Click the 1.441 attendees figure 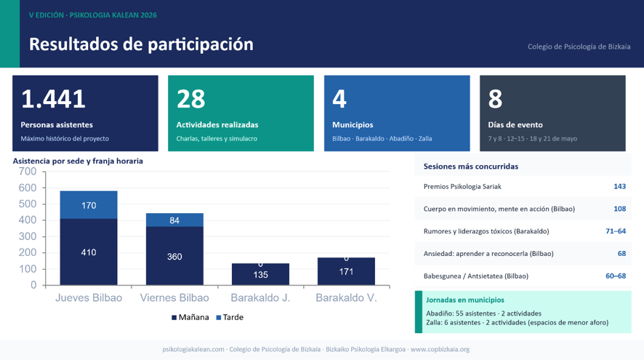coord(53,99)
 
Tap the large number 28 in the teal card coord(191,99)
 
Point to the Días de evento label coord(515,124)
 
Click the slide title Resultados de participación coord(141,44)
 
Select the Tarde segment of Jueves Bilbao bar coord(89,204)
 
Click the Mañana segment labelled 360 coord(174,255)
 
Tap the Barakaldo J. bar coord(260,274)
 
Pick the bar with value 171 coord(346,271)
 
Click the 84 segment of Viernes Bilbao coord(174,220)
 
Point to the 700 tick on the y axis coord(28,172)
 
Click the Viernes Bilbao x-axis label coord(174,297)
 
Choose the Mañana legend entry coord(190,317)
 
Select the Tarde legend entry coord(230,317)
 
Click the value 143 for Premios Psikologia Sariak coord(619,187)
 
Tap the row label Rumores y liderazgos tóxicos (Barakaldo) coord(486,231)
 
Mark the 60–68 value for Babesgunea coord(616,276)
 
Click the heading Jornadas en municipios coord(465,300)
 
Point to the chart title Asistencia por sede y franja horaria coord(78,161)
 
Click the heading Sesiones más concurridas coord(471,167)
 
